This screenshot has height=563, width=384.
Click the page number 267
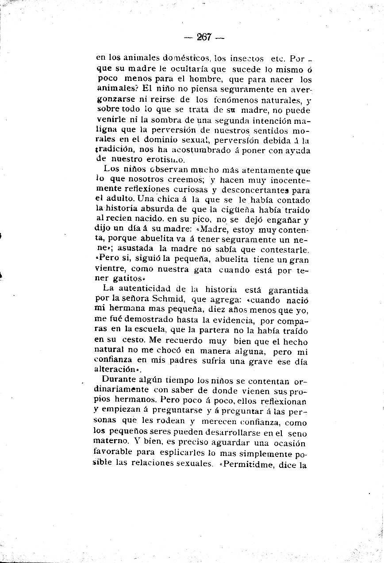204,37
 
